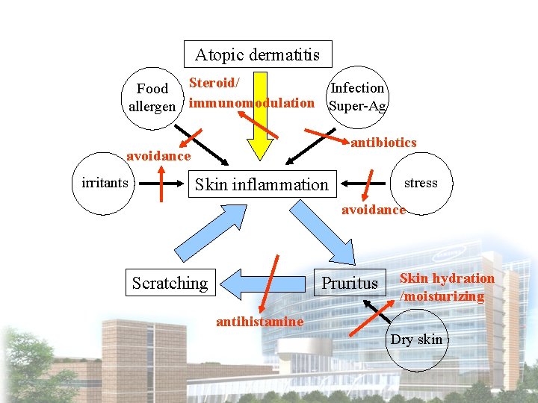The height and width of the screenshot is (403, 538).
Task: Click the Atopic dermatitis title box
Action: click(x=258, y=54)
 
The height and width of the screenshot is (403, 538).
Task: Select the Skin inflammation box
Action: click(x=261, y=184)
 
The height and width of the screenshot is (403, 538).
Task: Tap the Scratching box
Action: click(x=170, y=283)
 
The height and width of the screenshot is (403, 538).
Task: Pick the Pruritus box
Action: click(x=350, y=283)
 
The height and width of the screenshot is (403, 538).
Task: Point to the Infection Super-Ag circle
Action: click(x=357, y=97)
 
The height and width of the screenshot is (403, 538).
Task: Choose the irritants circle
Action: click(x=100, y=184)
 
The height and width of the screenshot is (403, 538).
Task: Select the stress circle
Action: click(x=421, y=184)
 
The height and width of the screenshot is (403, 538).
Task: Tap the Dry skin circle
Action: click(x=416, y=340)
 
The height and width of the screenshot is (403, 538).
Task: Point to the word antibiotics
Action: click(x=383, y=143)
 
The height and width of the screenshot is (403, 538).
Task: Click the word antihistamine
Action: click(x=259, y=322)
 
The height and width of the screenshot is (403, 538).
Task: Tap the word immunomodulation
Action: click(x=252, y=103)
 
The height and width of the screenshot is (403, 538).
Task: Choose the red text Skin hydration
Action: click(x=447, y=278)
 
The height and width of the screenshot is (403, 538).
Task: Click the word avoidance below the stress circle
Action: click(x=374, y=210)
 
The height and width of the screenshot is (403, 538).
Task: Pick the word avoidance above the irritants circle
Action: click(x=158, y=156)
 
